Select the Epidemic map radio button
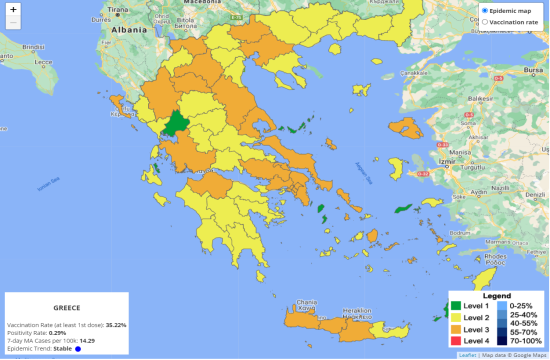485,10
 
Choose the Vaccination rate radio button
485,21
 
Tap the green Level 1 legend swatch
456,306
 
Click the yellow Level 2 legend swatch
456,317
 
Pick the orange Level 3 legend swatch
456,328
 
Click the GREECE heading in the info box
67,308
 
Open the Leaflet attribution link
467,355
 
